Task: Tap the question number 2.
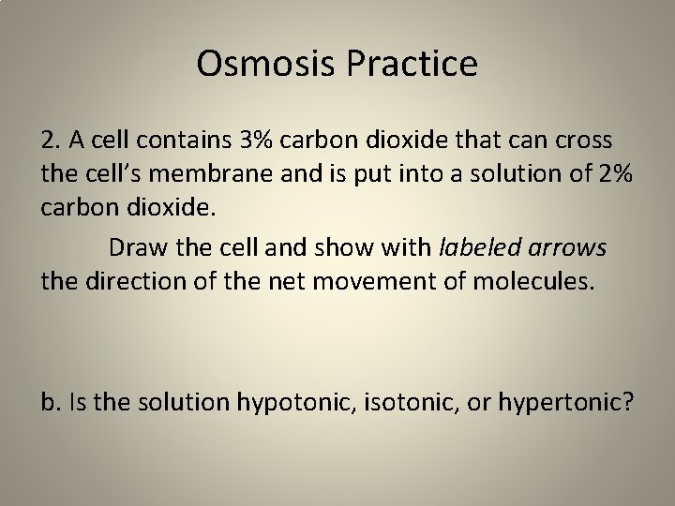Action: coord(50,141)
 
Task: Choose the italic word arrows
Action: coord(573,247)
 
